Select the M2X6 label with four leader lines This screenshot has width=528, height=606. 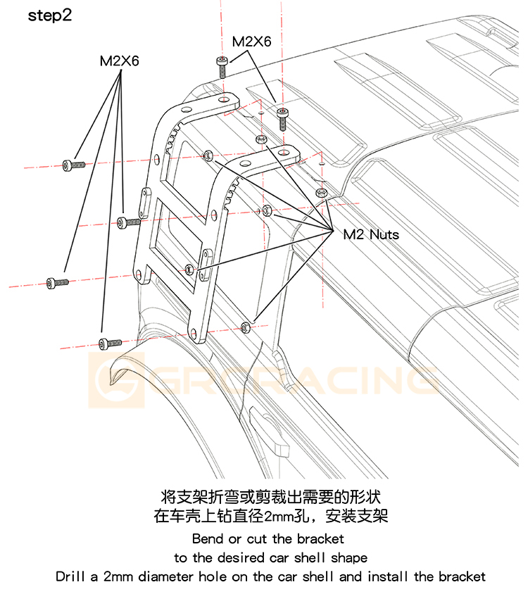click(x=119, y=61)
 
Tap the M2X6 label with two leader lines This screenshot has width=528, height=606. click(x=251, y=42)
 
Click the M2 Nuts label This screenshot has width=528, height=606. click(x=371, y=234)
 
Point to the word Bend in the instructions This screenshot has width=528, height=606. click(x=207, y=539)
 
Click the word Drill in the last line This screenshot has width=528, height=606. click(x=71, y=576)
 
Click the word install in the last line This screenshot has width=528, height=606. click(x=389, y=576)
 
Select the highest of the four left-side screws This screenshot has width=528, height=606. click(x=73, y=165)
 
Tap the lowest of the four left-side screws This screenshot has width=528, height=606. click(x=110, y=343)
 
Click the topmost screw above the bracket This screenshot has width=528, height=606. click(x=222, y=65)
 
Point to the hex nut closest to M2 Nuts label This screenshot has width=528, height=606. click(x=322, y=193)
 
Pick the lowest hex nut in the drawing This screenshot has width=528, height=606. click(x=245, y=326)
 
